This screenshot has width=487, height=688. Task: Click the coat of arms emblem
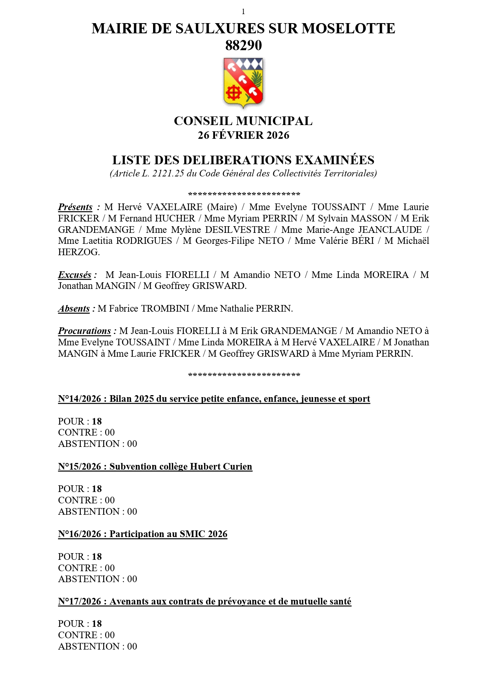[x=243, y=82]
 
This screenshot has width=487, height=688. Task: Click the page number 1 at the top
[x=243, y=12]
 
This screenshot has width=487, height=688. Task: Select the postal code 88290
[x=243, y=45]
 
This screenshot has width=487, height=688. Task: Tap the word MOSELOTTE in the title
[x=348, y=29]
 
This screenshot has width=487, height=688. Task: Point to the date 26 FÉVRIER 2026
[x=243, y=135]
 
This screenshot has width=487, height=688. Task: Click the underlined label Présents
[x=75, y=207]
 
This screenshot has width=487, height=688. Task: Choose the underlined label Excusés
[x=75, y=275]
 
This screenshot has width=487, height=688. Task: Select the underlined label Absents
[x=74, y=309]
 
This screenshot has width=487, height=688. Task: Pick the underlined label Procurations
[x=84, y=331]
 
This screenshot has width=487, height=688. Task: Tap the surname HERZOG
[x=78, y=252]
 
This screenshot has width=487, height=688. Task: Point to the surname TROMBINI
[x=165, y=309]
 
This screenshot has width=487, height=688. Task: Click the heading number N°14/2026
[x=80, y=399]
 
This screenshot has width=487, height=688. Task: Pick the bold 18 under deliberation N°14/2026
[x=97, y=421]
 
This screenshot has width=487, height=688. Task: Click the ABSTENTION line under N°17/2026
[x=97, y=646]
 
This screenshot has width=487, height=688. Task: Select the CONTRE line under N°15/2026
[x=86, y=500]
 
